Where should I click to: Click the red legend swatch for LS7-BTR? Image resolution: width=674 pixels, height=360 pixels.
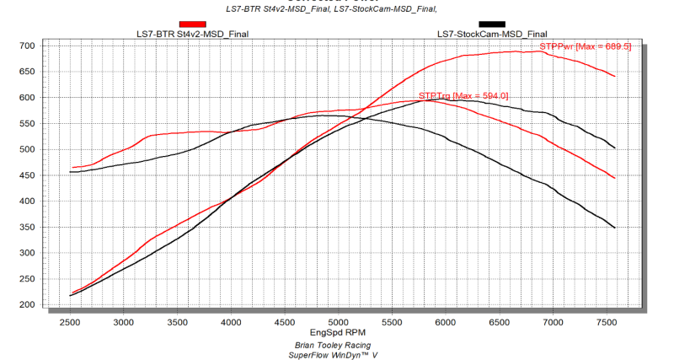pos(193,24)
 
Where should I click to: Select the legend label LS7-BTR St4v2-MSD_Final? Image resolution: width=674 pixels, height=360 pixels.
pos(193,34)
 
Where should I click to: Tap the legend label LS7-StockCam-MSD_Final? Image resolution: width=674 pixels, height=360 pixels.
pos(491,34)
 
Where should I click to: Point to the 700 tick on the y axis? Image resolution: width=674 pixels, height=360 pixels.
pos(27,46)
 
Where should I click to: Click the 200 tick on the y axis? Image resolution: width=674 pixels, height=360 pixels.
pos(27,304)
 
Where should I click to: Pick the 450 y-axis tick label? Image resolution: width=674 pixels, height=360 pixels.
pos(27,175)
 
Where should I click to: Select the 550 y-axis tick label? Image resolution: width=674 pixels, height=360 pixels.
pos(27,123)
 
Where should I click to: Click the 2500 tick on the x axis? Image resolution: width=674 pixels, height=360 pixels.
pos(70,322)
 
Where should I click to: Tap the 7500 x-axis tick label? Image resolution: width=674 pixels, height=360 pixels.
pos(607,322)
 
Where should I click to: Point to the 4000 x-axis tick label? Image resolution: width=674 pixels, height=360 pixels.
pos(231,322)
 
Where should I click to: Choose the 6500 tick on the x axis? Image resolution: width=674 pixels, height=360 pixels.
pos(500,322)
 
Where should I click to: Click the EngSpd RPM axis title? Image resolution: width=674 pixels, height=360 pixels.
pos(337,334)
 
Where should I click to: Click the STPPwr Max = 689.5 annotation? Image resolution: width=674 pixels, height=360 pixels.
pos(584,46)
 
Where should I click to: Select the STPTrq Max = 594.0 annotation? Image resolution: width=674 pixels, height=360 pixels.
pos(463,96)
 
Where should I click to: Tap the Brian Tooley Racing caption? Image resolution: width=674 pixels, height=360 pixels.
pos(337,345)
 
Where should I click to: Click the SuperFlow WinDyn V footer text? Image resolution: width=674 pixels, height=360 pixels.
pos(337,355)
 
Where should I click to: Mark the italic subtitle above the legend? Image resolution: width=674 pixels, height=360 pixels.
pos(337,8)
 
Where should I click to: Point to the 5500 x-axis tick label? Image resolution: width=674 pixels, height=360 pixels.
pos(392,322)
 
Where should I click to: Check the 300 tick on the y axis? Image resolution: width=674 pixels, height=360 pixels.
pos(27,253)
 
